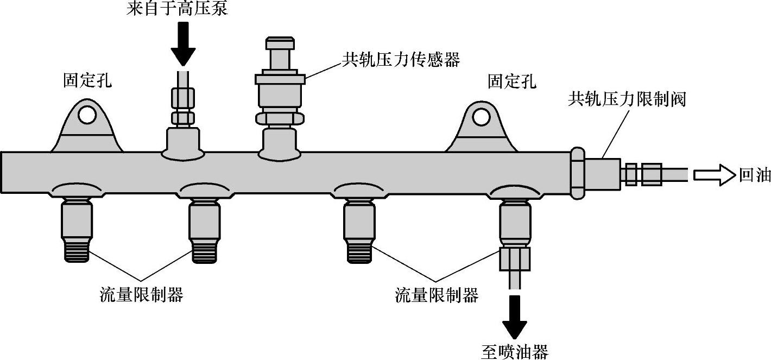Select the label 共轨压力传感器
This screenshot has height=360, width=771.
tap(401, 59)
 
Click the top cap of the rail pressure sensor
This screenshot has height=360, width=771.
tap(280, 43)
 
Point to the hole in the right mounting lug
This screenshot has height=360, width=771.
tap(479, 116)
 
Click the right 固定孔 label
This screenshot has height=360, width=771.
tap(511, 81)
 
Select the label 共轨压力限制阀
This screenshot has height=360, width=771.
tap(627, 99)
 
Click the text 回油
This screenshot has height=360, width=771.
tap(755, 175)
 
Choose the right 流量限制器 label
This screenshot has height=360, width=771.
tap(437, 295)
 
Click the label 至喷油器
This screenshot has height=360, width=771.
tap(514, 351)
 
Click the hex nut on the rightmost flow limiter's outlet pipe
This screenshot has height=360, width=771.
tap(514, 260)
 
